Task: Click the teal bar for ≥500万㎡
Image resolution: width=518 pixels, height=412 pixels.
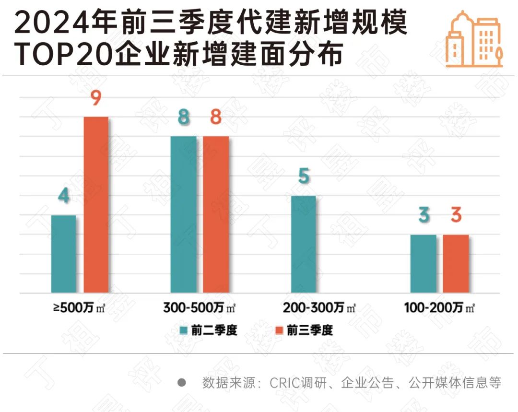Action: tap(63, 254)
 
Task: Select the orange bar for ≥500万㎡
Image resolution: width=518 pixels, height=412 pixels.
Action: tap(96, 204)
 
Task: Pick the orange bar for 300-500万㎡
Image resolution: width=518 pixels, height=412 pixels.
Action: tap(215, 214)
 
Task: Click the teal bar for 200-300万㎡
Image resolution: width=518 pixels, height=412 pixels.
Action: tap(303, 244)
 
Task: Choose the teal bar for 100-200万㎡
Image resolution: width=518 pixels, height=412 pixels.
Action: tap(424, 263)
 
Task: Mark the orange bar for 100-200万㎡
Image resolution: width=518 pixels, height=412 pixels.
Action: tap(456, 263)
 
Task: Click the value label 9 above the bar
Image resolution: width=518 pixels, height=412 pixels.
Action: tap(95, 100)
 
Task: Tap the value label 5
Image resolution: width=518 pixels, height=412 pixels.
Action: tap(304, 177)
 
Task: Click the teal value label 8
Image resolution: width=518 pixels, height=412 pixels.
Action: tap(184, 118)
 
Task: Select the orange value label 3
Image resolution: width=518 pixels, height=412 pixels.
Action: tap(456, 215)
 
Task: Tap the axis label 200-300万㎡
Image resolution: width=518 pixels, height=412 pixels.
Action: tap(319, 308)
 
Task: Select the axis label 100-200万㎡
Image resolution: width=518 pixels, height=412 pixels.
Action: tap(439, 308)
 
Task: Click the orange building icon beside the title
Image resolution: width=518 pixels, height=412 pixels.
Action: tap(474, 39)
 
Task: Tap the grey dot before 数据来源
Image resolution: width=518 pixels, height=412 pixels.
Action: tap(182, 383)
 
